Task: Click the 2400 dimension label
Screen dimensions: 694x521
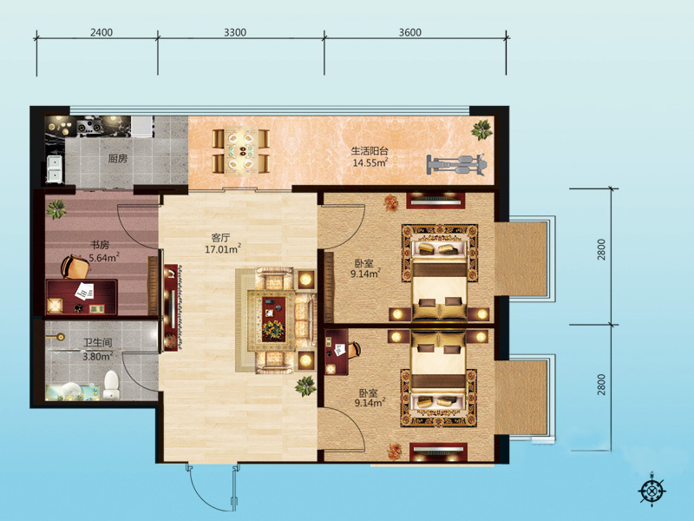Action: tap(101, 32)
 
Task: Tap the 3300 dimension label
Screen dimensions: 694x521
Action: tap(235, 32)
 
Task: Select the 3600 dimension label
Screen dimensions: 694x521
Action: tap(409, 32)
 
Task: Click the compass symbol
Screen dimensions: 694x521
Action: tap(652, 491)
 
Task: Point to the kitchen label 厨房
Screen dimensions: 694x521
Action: tap(118, 158)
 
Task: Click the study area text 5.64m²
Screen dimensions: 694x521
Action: tap(104, 257)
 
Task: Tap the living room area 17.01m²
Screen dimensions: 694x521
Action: tap(223, 249)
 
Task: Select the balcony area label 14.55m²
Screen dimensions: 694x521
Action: tap(370, 162)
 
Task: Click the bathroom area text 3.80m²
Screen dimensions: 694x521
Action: tap(97, 356)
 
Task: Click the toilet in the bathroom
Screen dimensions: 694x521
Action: tap(111, 385)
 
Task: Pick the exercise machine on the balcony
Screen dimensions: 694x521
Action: tap(457, 165)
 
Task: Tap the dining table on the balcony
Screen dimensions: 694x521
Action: tap(241, 151)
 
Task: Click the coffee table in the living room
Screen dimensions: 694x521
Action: tap(273, 320)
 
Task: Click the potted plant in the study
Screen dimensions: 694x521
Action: tap(56, 208)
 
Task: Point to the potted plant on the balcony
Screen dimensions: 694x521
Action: tap(481, 129)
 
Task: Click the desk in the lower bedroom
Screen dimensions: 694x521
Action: tap(336, 352)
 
